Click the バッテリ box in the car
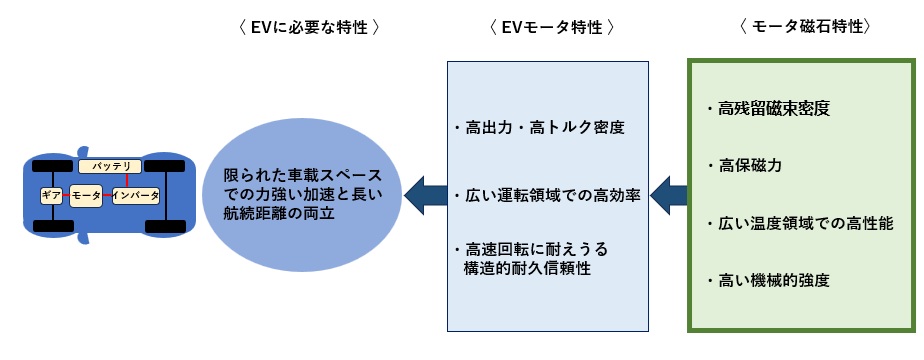tap(105, 166)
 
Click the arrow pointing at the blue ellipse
tap(424, 194)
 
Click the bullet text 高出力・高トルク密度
tap(539, 128)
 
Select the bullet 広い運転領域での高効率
tap(552, 194)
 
